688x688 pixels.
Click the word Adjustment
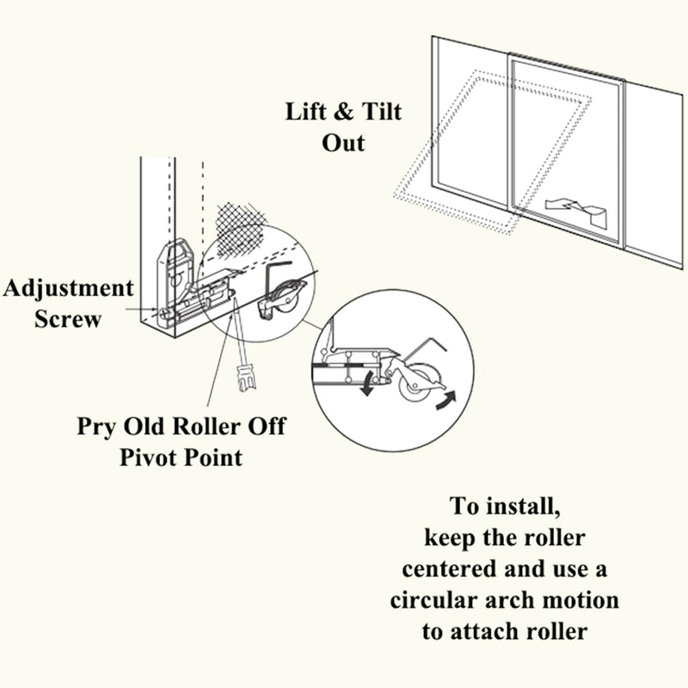coord(68,288)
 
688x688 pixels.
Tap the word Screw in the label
coord(68,318)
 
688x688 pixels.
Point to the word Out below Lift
coord(343,142)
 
